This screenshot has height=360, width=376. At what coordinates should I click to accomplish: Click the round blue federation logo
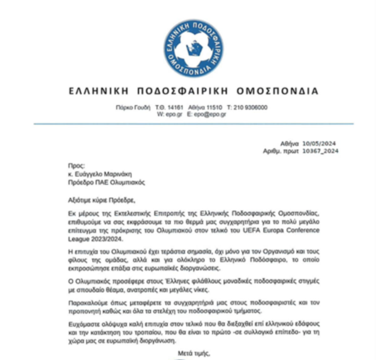click(x=194, y=48)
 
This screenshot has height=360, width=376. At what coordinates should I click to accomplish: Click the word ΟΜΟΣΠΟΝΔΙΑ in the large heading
click(x=277, y=91)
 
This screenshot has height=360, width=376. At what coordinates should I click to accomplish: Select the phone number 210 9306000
click(x=250, y=107)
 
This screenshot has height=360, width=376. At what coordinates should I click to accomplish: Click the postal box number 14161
click(x=175, y=107)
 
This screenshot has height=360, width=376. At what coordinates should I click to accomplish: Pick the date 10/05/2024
click(x=319, y=144)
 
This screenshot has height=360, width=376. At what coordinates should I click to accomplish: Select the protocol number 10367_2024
click(x=320, y=151)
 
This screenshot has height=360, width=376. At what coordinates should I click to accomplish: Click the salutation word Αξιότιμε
click(x=79, y=200)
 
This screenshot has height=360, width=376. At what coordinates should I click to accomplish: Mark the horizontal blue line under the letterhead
click(x=194, y=124)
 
